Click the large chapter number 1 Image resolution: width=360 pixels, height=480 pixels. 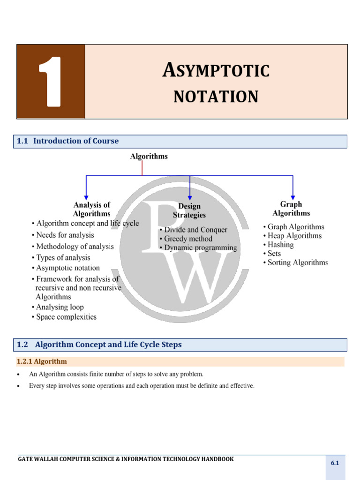click(x=51, y=82)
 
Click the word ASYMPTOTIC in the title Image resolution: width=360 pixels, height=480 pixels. click(x=216, y=71)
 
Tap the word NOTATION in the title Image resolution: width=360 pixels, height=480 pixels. click(x=216, y=97)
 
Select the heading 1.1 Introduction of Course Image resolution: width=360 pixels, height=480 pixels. click(x=68, y=141)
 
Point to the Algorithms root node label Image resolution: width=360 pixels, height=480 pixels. click(x=149, y=157)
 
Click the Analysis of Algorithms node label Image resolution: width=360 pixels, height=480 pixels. click(x=92, y=209)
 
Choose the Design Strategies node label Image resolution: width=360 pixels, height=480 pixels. click(x=189, y=210)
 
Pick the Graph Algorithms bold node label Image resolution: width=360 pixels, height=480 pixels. click(x=291, y=209)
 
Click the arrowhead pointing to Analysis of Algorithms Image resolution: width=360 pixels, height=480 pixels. click(x=86, y=196)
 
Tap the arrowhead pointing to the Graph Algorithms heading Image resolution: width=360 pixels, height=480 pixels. click(x=293, y=196)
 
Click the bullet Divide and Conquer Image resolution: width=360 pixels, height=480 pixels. click(x=194, y=230)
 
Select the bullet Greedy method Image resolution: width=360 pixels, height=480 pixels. click(x=186, y=239)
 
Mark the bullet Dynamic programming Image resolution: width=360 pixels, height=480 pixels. click(x=198, y=247)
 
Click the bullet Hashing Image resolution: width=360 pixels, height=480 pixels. click(x=279, y=245)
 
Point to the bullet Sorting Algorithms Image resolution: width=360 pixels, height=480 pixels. click(x=296, y=262)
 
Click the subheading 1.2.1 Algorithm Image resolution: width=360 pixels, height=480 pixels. click(x=42, y=361)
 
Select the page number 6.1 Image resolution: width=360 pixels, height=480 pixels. click(x=335, y=463)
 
